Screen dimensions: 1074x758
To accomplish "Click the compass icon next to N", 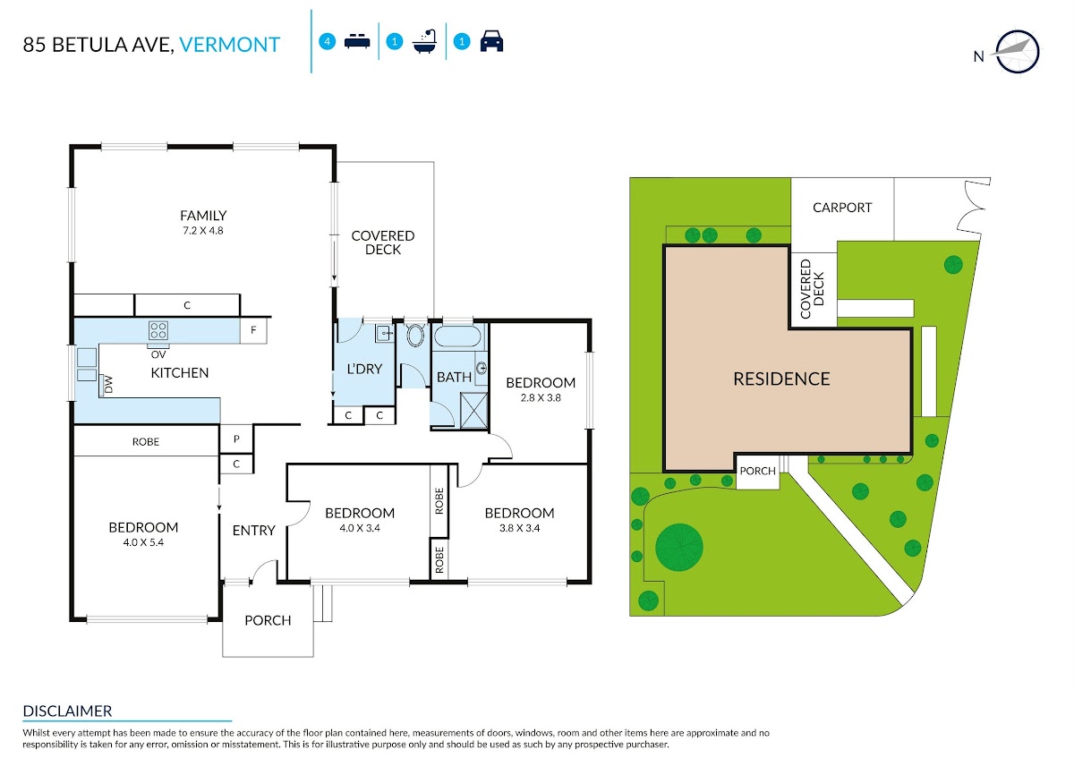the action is point(1018,52).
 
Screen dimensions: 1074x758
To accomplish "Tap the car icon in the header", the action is point(491,41).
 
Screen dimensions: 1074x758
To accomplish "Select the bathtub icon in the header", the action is point(424,42).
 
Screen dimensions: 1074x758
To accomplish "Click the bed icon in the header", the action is point(357,41).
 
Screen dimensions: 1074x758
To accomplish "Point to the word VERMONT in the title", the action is point(230,45).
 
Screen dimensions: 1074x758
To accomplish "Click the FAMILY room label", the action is point(203,216).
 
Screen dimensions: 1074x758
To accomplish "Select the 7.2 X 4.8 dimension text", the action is point(203,231).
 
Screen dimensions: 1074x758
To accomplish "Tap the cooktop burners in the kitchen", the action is point(158,330).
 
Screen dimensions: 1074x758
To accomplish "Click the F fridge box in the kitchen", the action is point(253,330).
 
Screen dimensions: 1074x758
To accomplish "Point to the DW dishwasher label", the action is point(108,384).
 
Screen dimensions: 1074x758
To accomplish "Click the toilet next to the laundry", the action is point(415,335).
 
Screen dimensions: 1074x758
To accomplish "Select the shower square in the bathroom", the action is point(473,410).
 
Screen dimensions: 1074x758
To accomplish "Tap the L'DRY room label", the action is point(364,369).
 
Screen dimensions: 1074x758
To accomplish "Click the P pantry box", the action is point(236,439).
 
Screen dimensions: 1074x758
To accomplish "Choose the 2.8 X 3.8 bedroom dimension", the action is point(541,398).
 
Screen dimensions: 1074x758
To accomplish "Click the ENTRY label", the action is point(253,531).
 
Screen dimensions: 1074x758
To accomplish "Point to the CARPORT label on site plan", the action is point(842,208).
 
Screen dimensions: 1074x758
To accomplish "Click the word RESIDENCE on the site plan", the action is point(781,379).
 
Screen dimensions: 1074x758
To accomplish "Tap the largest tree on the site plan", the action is point(679,548).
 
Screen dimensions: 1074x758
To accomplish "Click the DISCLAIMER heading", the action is point(67,711).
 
